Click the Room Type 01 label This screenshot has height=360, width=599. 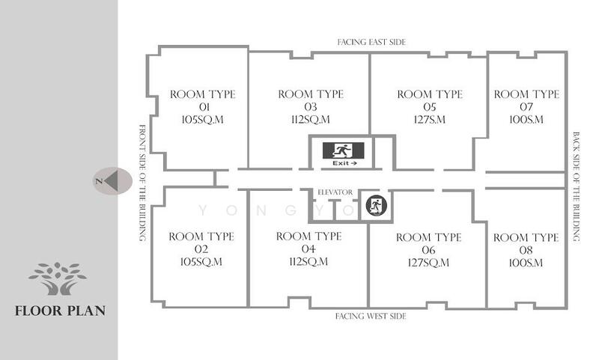(x=202, y=106)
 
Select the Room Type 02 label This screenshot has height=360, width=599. (x=201, y=249)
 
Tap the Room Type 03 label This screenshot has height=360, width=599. (x=311, y=106)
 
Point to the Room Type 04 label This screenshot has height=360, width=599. (x=308, y=248)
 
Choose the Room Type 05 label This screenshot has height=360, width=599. (x=430, y=106)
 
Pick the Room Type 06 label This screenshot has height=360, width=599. (x=428, y=250)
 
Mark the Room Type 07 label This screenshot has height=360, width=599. (x=526, y=106)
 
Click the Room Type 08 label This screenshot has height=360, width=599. (x=526, y=250)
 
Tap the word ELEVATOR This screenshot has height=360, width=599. (x=335, y=192)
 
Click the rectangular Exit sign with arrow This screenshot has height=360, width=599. (x=344, y=154)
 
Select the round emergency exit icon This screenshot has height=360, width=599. (x=377, y=205)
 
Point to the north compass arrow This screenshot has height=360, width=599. (x=112, y=181)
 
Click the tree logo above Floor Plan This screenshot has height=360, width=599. (x=58, y=278)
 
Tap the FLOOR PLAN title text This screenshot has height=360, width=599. (x=61, y=311)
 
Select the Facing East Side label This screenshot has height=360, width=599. (x=371, y=42)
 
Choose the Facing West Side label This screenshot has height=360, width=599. (x=371, y=316)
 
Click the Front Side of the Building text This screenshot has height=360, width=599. (x=142, y=183)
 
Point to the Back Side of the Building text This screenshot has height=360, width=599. (x=576, y=186)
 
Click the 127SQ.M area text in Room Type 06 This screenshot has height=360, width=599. (x=428, y=263)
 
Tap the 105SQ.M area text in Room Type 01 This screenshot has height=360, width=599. (x=202, y=120)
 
